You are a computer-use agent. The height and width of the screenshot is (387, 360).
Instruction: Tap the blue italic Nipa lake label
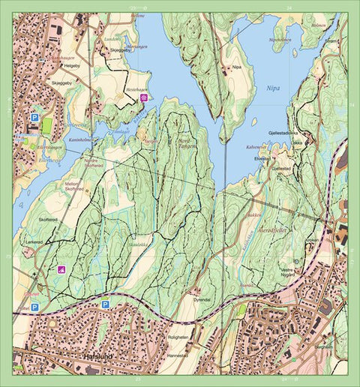point(272,88)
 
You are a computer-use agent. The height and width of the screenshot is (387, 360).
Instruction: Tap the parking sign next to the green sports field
point(34,118)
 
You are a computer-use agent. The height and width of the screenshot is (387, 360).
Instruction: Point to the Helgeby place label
point(73,65)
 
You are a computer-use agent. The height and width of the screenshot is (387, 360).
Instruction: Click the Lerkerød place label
point(34,243)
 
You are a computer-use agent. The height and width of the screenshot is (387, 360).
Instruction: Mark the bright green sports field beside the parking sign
point(48,127)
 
